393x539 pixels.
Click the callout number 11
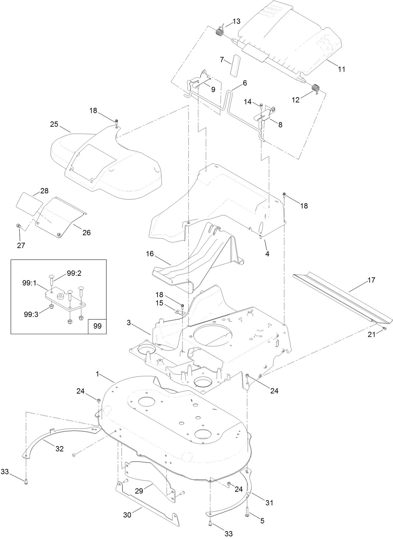(341, 69)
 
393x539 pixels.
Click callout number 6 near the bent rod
(245, 83)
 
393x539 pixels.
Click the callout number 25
(54, 124)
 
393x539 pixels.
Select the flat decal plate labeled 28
(29, 204)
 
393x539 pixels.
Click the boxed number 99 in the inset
(98, 326)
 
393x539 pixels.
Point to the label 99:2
(74, 273)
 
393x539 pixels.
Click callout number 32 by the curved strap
(59, 449)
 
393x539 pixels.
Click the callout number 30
(127, 515)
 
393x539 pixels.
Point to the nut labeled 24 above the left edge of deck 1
(98, 399)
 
